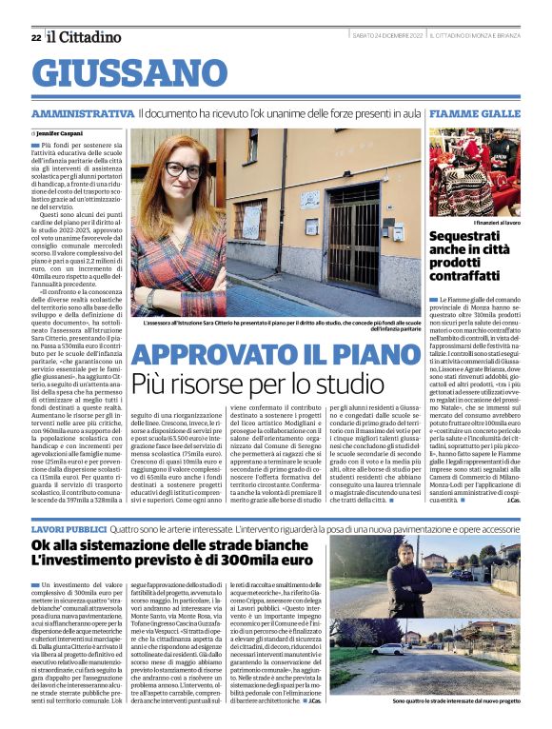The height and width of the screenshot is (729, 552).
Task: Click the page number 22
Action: (35, 37)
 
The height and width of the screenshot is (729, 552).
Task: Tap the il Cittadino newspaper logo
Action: (85, 37)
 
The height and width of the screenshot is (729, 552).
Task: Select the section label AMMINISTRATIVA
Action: (82, 113)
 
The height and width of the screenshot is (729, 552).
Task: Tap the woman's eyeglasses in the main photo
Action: (183, 170)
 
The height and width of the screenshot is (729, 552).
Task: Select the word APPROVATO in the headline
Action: (199, 354)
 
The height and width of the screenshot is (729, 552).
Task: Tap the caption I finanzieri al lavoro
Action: (489, 222)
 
